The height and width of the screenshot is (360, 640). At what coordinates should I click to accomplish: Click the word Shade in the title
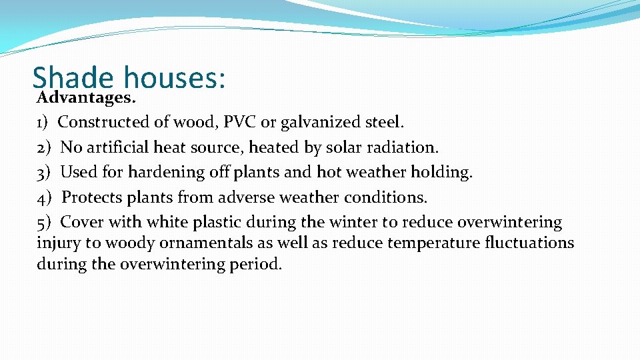[x=73, y=77]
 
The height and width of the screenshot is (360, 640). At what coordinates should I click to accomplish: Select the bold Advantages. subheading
[x=87, y=98]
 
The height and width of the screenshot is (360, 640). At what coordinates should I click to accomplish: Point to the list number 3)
[x=45, y=172]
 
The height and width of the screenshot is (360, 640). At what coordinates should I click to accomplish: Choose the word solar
[x=343, y=147]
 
